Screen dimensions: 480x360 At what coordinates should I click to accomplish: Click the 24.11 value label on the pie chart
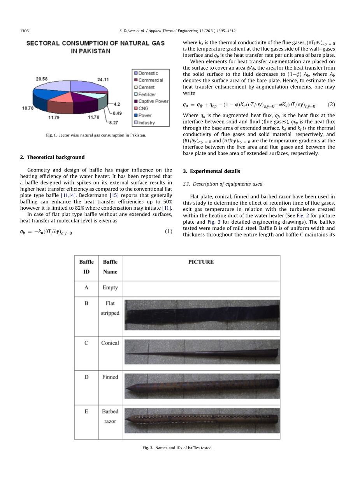click(x=103, y=79)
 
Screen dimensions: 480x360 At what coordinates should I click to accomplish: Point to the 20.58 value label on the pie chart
click(x=42, y=79)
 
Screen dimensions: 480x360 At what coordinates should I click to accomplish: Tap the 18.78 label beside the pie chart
click(x=28, y=108)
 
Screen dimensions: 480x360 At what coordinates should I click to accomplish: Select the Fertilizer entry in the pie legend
click(x=147, y=95)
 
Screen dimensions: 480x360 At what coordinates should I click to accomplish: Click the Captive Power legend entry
click(x=153, y=102)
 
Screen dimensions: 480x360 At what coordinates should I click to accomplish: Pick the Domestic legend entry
click(x=148, y=73)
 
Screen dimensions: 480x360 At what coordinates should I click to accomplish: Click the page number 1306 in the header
click(x=25, y=31)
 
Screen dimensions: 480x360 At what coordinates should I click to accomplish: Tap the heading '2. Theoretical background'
click(x=52, y=157)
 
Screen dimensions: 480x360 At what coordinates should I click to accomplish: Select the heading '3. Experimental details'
click(x=211, y=171)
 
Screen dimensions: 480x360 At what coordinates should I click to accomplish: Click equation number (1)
click(x=168, y=231)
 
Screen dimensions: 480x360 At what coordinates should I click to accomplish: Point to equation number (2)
click(x=331, y=105)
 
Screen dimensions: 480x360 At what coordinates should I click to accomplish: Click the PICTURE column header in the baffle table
click(x=201, y=262)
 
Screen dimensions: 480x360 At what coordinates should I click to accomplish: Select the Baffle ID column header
click(x=86, y=267)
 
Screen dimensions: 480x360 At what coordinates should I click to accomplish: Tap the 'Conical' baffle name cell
click(x=110, y=343)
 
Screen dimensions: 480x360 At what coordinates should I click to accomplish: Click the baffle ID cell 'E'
click(x=86, y=411)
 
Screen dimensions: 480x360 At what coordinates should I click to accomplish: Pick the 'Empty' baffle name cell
click(x=110, y=287)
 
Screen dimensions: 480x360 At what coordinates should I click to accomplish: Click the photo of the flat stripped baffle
click(x=202, y=314)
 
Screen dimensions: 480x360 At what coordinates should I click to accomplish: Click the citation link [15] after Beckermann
click(x=114, y=195)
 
